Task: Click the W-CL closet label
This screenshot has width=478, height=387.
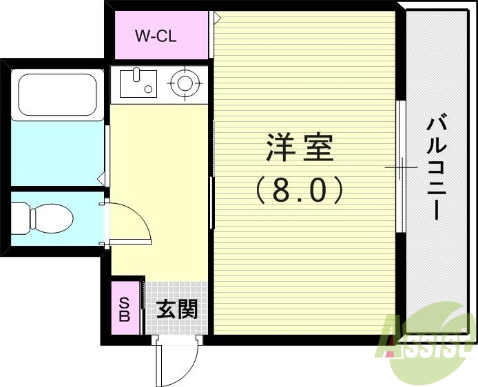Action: coord(156,36)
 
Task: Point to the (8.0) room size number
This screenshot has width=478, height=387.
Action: coord(300,191)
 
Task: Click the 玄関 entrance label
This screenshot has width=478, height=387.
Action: coord(177,309)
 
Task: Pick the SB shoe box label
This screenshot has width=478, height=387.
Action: coord(125,309)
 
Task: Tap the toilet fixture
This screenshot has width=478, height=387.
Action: coord(43,218)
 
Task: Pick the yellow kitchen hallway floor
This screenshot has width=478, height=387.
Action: coord(158,172)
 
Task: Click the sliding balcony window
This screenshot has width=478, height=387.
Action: coord(399,167)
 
